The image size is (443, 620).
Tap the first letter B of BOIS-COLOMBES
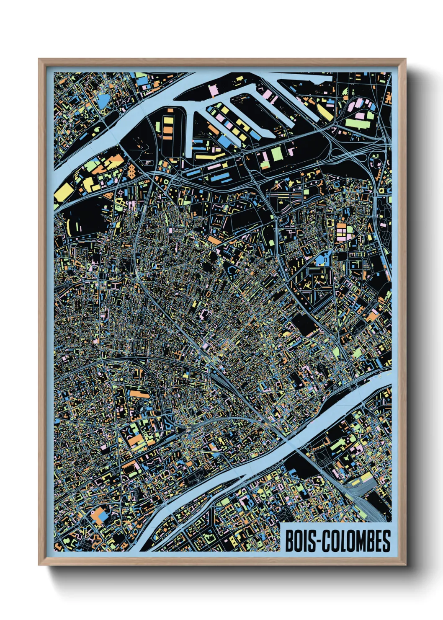click(x=289, y=541)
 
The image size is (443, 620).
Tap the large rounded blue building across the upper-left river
click(x=102, y=100)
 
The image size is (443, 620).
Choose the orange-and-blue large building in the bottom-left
click(x=100, y=514)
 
